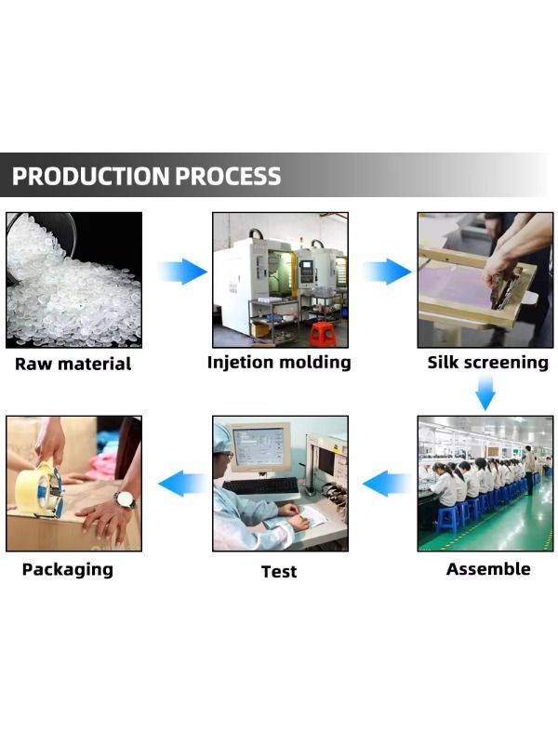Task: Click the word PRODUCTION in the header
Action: coord(90,175)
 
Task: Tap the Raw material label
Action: coord(73,364)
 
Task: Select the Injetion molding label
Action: coord(279,362)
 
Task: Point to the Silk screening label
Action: coord(488,362)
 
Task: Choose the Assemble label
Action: coord(488,568)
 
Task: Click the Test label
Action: coord(279,570)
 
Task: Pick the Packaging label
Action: coord(68,568)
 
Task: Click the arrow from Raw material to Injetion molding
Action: coord(182,272)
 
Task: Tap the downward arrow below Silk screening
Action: coord(485,394)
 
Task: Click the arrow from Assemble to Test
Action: coord(386,483)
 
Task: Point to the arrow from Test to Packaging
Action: coord(182,483)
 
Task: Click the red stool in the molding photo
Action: coord(323,334)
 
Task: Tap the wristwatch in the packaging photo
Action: coord(125,499)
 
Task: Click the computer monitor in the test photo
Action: coord(259,449)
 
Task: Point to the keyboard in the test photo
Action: coord(261,486)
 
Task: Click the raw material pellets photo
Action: coord(73,279)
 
